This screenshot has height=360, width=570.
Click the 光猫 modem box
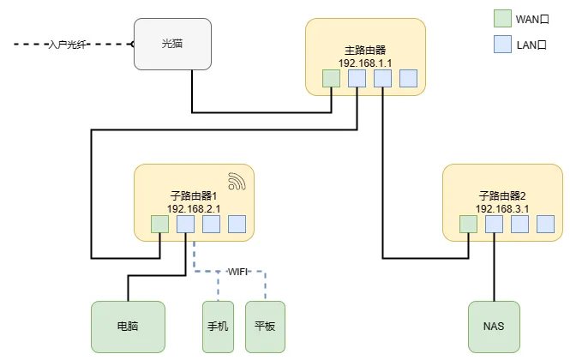coord(172,44)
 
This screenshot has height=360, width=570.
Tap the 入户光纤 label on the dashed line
coord(68,43)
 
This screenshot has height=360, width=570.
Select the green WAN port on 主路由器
coord(332,79)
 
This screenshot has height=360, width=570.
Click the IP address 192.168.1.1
coord(365,63)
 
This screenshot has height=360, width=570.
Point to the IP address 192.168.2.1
coord(194,208)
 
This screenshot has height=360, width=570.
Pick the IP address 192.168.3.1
coord(502,208)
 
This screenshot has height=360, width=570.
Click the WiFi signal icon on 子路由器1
coord(237,181)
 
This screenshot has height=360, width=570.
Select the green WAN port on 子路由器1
coord(160,225)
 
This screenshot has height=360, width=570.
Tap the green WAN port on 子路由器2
coord(468,225)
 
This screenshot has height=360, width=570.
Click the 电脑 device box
coord(128,327)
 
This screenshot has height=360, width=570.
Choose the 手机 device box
coord(219,327)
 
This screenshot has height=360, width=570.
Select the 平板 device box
coord(264,327)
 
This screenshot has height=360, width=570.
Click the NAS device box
coord(494,327)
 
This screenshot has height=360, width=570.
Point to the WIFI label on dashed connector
coord(237,272)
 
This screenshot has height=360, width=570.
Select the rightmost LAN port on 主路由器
coord(408,79)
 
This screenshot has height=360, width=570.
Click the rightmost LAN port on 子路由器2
coord(545,225)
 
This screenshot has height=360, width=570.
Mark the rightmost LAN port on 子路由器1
coord(237,225)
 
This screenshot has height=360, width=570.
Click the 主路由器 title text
coord(365,51)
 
